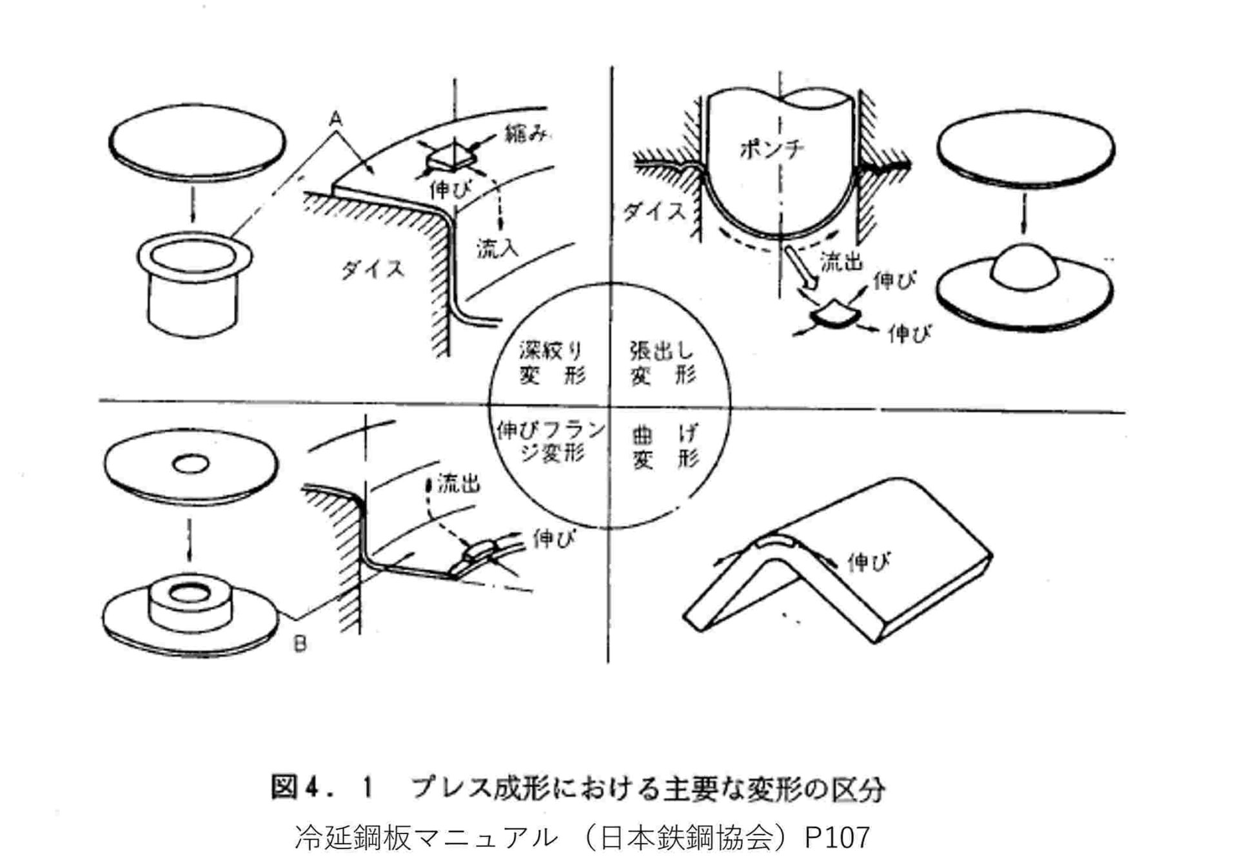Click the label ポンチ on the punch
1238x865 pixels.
pos(771,150)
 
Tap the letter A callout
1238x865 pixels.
pos(335,119)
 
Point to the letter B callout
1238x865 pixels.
pos(300,643)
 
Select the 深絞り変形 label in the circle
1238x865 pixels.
pos(551,363)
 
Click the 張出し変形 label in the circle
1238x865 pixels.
pos(662,363)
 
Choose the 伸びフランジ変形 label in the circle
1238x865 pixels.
pos(551,442)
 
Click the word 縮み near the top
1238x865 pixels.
pos(527,135)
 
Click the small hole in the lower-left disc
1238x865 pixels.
pos(192,463)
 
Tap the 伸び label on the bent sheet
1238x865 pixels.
pos(869,562)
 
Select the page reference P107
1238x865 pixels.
pos(837,837)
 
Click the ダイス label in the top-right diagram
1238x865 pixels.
pos(653,211)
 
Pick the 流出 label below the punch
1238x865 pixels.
pos(841,261)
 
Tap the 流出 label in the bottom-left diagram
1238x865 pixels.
pos(458,483)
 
